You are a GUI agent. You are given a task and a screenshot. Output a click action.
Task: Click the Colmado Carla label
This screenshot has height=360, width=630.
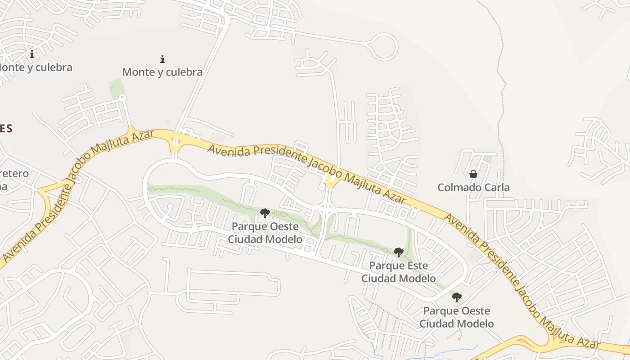473,187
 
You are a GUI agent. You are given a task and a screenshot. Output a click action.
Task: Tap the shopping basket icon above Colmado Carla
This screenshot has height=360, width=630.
473,174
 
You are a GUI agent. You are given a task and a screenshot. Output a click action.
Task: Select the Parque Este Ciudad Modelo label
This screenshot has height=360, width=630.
399,272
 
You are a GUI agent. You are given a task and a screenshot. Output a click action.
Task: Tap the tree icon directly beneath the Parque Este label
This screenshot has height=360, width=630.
457,297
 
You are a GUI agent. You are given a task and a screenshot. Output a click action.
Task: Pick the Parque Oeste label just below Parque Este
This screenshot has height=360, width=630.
456,317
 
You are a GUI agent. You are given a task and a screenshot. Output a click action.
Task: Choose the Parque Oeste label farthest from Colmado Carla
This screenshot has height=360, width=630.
265,233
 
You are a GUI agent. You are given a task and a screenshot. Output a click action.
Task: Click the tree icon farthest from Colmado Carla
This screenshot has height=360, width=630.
265,213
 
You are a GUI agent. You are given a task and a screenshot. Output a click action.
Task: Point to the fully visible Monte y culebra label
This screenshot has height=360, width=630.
162,72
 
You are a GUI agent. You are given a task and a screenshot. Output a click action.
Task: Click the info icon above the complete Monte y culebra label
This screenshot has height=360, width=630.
162,59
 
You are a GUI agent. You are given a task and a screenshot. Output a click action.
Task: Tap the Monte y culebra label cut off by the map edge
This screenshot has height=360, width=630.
36,67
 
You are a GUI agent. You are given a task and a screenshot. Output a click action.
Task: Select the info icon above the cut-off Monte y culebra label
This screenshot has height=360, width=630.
32,54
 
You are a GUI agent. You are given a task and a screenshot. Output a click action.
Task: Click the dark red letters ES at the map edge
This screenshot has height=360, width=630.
5,129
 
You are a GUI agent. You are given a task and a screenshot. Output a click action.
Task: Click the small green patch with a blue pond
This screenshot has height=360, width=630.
115,89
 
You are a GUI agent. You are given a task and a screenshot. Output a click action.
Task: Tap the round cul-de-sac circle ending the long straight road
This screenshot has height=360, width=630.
383,46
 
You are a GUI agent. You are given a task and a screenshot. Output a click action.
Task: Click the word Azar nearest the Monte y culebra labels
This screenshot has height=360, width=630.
141,137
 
